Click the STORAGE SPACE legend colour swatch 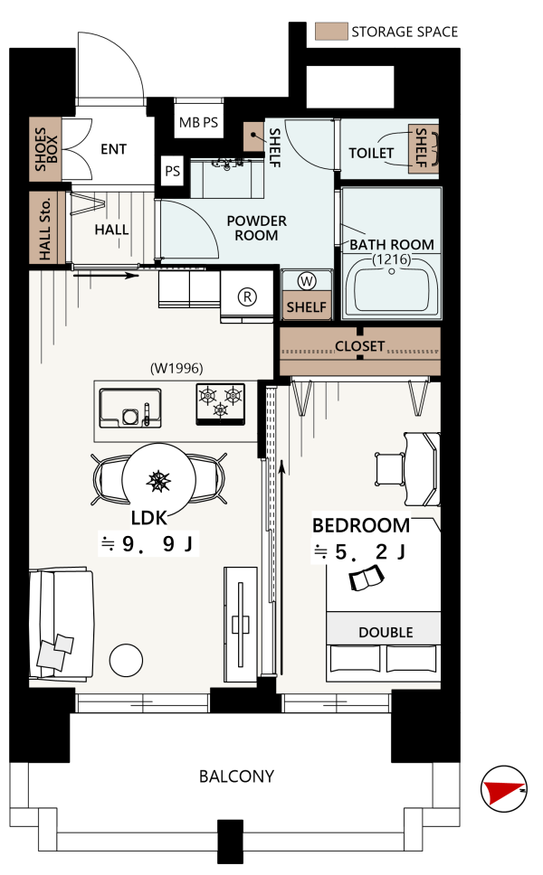[331, 32]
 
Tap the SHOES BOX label [46, 149]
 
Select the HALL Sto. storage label [45, 228]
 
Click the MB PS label [198, 122]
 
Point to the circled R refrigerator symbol [247, 296]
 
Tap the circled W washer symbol [307, 281]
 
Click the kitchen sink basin [130, 408]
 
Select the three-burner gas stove [221, 404]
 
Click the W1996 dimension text [176, 368]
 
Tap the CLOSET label [360, 346]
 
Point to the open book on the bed [367, 579]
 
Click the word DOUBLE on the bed [386, 632]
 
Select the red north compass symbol [503, 788]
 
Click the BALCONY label [237, 776]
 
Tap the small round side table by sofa [127, 660]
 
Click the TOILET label [371, 153]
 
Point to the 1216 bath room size [392, 259]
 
